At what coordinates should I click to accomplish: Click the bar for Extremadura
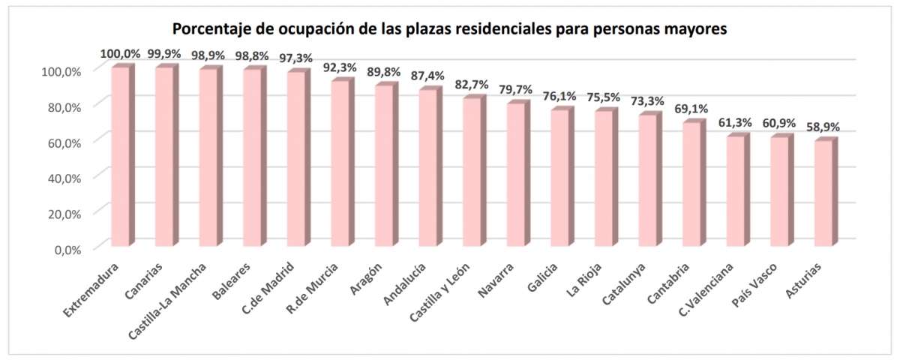tap(120, 157)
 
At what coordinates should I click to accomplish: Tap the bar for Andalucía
tap(428, 168)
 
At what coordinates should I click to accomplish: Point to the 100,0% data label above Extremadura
tap(120, 54)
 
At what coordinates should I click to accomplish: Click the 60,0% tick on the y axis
tap(64, 142)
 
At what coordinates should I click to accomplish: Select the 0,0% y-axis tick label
tap(67, 249)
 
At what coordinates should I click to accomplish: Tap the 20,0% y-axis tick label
tap(64, 214)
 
